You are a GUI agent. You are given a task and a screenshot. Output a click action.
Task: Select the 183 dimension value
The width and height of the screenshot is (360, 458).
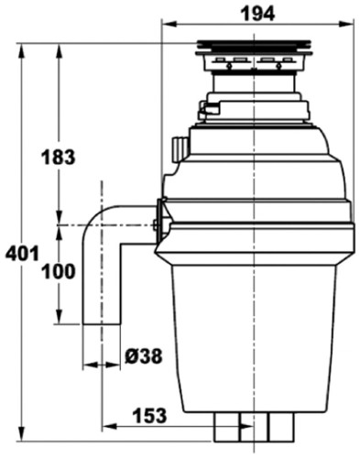[57, 158]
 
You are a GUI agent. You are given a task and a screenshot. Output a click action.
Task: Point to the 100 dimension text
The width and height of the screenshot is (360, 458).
[57, 272]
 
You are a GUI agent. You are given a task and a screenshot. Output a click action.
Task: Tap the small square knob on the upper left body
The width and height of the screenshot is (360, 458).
[180, 147]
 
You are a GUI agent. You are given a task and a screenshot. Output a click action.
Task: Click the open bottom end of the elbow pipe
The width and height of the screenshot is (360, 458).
[101, 322]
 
